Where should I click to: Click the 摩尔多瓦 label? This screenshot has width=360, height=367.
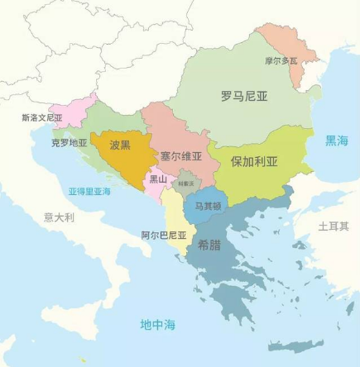coord(280,61)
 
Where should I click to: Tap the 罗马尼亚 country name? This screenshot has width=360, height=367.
coord(244,96)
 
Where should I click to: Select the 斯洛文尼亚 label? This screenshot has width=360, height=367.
coord(42,118)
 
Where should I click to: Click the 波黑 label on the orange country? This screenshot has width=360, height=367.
coord(120,145)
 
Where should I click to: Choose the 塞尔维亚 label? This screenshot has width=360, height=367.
coord(181,155)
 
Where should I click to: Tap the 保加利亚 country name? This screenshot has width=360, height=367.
coord(254,160)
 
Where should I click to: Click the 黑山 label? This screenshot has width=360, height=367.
coord(157,179)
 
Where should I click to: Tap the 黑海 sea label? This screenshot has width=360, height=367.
coord(336,141)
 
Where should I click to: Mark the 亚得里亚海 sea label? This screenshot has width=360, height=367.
coord(89,192)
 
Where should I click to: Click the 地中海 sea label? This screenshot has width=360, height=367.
coord(157,324)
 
